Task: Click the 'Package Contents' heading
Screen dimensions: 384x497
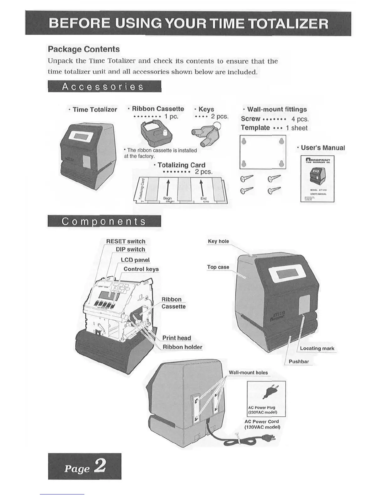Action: coord(84,49)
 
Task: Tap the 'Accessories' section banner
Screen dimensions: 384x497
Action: coord(104,86)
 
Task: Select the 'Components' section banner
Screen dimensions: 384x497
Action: coord(104,221)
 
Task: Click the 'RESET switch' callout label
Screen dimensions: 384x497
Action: coord(125,241)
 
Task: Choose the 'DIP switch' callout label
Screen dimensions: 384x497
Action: coord(131,249)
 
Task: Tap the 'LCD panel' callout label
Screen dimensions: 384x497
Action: coord(135,260)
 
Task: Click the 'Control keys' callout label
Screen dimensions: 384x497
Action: coord(141,269)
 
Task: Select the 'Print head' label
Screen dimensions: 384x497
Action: coord(177,338)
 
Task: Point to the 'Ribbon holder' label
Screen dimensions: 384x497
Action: coord(182,347)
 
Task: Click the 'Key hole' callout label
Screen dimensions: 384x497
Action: coord(218,241)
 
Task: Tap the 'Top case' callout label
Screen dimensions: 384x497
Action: coord(218,267)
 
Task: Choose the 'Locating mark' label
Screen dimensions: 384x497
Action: coord(317,348)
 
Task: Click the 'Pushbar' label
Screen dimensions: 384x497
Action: coord(299,361)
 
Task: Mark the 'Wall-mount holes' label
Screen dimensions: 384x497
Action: coord(248,372)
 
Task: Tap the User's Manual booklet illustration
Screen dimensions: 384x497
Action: coord(317,179)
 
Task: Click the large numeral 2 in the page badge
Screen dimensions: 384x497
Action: coord(100,466)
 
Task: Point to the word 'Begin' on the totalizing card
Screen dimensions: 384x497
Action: coord(168,198)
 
